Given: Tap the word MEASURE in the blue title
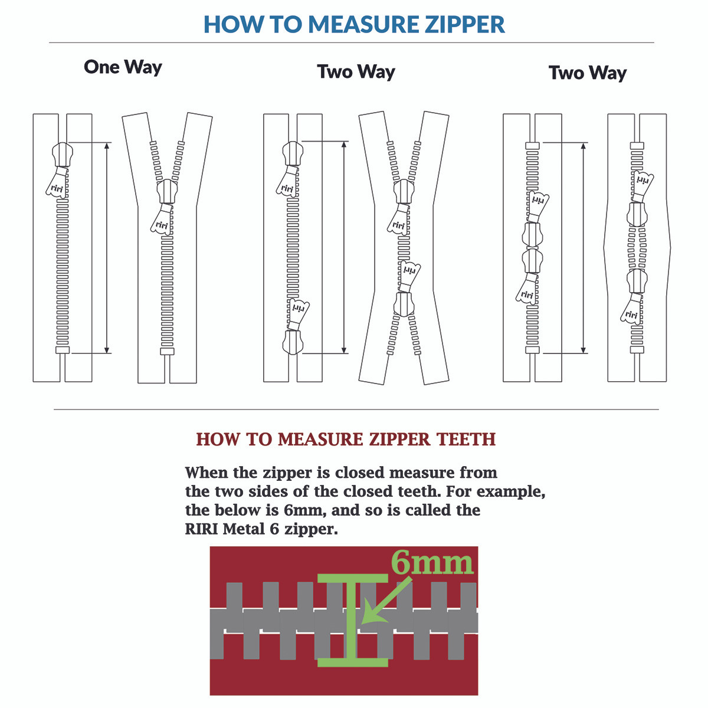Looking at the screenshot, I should (x=348, y=25).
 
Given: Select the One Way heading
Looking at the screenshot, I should (x=123, y=67).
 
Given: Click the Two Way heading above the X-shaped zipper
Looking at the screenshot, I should (x=356, y=72).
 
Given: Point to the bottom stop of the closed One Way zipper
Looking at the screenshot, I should (x=62, y=350).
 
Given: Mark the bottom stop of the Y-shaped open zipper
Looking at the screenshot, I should (x=167, y=352).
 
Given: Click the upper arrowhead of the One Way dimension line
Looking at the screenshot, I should (x=107, y=146).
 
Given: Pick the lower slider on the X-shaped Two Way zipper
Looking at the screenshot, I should (x=404, y=303).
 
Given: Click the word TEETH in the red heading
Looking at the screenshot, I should (x=466, y=440).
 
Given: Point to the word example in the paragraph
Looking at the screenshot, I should (x=510, y=491).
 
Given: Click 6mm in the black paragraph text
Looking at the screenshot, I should (x=305, y=510).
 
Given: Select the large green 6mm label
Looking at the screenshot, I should (x=432, y=563).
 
